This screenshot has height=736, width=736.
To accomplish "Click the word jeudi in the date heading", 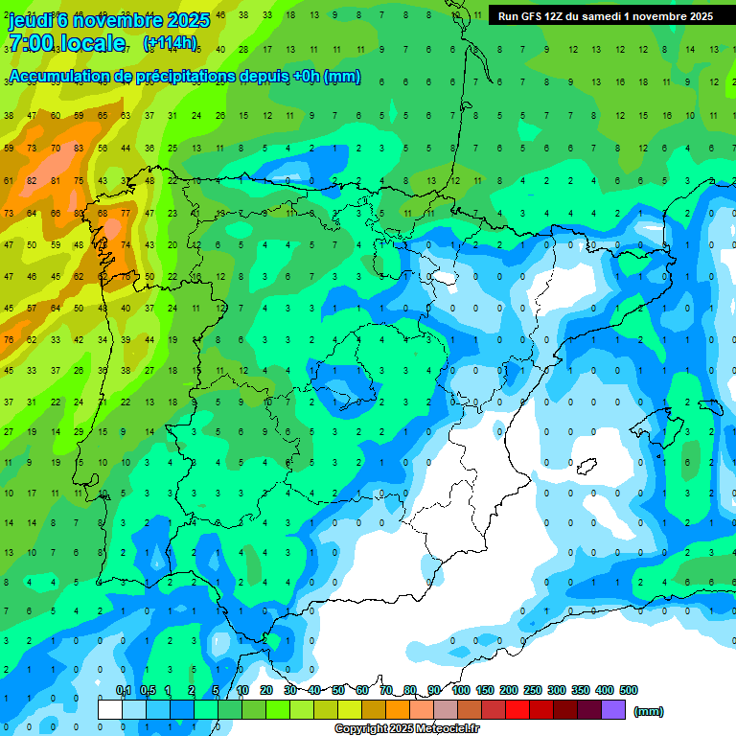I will pos(29,19).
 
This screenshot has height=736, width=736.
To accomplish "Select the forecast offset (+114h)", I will pos(171,42).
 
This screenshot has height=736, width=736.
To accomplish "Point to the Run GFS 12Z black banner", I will pos(606,15).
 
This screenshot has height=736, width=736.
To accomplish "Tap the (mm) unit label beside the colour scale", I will pos(649,711).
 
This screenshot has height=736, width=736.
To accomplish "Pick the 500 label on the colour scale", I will pos(629,691).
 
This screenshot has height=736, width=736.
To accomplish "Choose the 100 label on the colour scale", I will pos(461,691).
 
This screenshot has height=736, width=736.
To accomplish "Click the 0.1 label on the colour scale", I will pos(124,691).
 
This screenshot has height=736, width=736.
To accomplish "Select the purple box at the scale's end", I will pos(614,710).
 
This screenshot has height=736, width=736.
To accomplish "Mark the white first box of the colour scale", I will pos(110,710).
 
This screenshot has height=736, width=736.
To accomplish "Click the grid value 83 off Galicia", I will pos(79,213).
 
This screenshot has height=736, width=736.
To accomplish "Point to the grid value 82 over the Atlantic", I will pos(33,180).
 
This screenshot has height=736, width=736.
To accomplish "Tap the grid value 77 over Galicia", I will pos(126,213).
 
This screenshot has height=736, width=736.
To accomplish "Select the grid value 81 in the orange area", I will pos(56,180).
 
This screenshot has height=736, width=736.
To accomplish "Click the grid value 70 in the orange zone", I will pos(56,149).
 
